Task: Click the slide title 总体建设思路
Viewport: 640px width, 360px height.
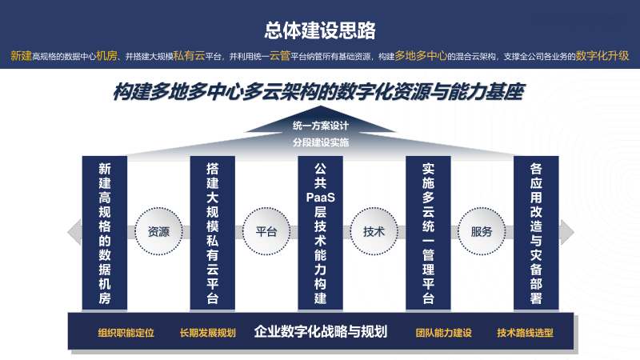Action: pos(320,30)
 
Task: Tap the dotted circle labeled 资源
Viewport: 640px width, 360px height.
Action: pos(158,231)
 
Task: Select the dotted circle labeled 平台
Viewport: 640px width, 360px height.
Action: pos(266,231)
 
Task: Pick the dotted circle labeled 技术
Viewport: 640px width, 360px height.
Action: pos(374,231)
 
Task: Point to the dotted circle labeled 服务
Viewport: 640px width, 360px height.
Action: pos(482,231)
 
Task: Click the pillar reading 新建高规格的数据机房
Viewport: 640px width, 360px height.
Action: pos(105,233)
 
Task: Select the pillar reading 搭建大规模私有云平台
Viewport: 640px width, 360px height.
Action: pos(212,233)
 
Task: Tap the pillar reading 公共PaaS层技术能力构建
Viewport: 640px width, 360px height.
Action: pos(320,233)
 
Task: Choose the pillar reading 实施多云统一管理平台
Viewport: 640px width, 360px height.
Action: pos(428,233)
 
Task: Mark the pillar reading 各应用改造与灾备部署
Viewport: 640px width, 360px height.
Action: pos(536,233)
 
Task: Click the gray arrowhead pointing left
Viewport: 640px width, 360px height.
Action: pos(74,232)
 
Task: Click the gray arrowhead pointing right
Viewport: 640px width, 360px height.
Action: pos(566,232)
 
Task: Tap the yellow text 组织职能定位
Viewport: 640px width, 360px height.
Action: pos(126,333)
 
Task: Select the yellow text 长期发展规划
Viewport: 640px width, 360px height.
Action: pos(208,333)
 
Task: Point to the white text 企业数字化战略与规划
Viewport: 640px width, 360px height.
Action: pos(321,332)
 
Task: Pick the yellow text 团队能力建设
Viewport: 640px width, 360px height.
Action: pos(444,333)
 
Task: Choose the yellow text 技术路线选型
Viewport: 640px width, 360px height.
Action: pos(525,333)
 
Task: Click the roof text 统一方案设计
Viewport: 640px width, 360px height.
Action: pos(321,126)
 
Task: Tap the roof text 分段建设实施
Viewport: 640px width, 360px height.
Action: pos(321,142)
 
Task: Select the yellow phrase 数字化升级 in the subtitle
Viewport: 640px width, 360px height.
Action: pos(602,56)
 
